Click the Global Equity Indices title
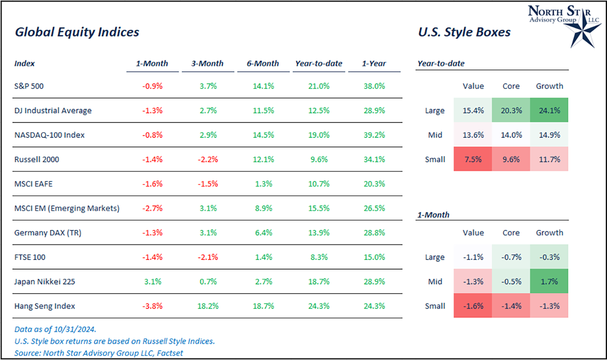pos(77,32)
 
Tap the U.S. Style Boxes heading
pos(464,32)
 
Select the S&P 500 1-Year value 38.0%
pos(374,86)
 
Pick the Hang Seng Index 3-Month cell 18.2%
pos(205,306)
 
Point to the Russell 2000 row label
pos(37,159)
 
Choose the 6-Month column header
pos(264,64)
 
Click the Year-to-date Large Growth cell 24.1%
pos(549,110)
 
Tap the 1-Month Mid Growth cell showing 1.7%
pos(549,282)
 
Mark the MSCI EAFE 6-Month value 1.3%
pos(264,184)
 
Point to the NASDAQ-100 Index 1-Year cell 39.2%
pos(374,135)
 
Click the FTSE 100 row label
pos(30,257)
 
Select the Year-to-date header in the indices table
pos(319,64)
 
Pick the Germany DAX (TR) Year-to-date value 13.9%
pos(319,233)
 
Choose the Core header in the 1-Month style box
pos(511,233)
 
